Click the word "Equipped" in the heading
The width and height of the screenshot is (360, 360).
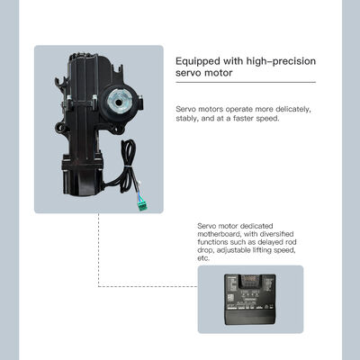[203, 61]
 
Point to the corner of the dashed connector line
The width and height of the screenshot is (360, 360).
[98, 287]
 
